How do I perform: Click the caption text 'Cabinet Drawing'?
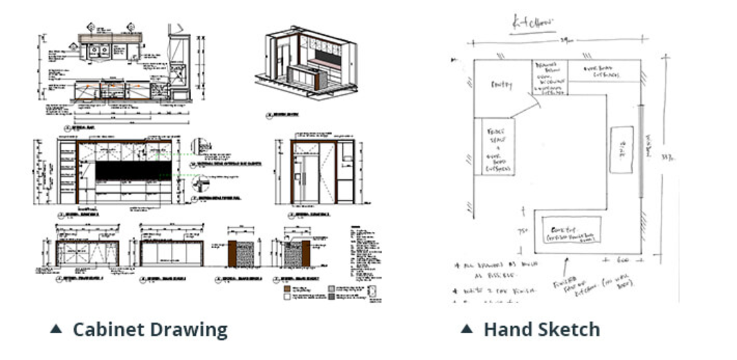pyautogui.click(x=149, y=330)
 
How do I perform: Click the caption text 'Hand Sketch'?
pyautogui.click(x=541, y=330)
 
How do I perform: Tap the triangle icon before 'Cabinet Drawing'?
pyautogui.click(x=56, y=329)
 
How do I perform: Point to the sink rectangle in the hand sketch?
pyautogui.click(x=621, y=149)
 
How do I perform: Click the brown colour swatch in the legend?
pyautogui.click(x=286, y=287)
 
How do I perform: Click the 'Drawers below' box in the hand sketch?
pyautogui.click(x=549, y=75)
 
